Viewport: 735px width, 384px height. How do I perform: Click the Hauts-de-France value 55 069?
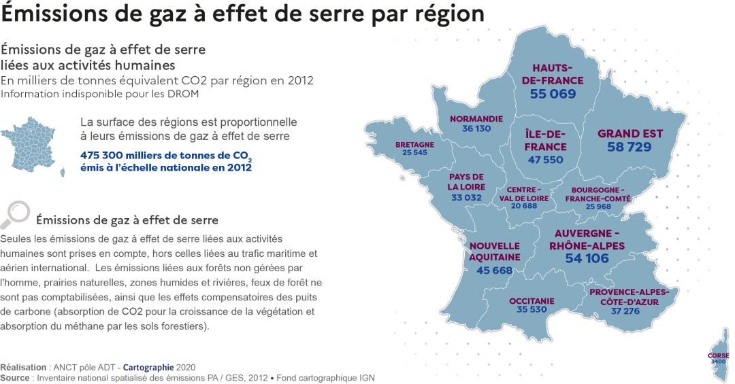click(x=553, y=94)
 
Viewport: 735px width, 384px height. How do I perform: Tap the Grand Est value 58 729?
click(x=625, y=147)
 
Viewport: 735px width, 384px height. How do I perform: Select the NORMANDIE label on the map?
click(x=476, y=118)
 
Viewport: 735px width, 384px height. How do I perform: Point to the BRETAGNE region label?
click(x=414, y=145)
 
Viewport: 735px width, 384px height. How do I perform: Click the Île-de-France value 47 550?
click(x=546, y=160)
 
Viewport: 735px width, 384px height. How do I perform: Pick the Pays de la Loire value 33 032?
click(x=466, y=198)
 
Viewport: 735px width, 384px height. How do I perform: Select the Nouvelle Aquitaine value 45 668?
click(x=494, y=270)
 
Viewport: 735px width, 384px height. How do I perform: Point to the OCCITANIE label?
click(x=532, y=300)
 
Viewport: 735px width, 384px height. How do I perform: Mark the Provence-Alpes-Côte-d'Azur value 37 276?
click(x=625, y=311)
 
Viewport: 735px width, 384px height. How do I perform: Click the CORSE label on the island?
click(x=718, y=355)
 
